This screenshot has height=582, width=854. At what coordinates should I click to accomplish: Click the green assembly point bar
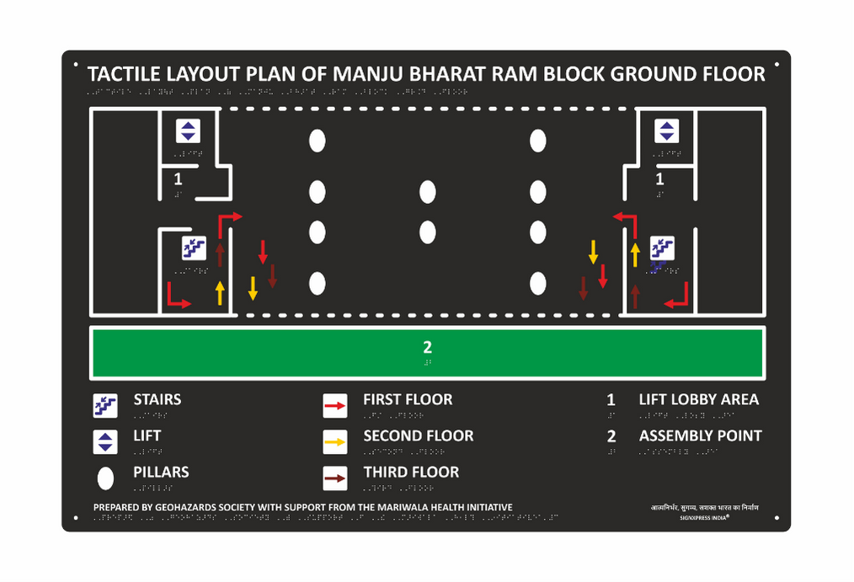pyautogui.click(x=253, y=352)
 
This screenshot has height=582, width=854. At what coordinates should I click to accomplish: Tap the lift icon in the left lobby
pyautogui.click(x=188, y=131)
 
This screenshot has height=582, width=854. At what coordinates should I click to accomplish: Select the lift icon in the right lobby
pyautogui.click(x=667, y=131)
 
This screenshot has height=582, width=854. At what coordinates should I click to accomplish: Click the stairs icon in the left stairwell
pyautogui.click(x=195, y=248)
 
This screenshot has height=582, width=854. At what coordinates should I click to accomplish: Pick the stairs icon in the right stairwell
pyautogui.click(x=662, y=248)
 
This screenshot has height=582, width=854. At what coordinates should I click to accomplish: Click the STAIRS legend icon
pyautogui.click(x=104, y=406)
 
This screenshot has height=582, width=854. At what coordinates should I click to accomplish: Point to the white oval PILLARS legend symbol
pyautogui.click(x=105, y=478)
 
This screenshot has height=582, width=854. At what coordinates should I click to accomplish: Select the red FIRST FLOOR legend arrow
pyautogui.click(x=335, y=406)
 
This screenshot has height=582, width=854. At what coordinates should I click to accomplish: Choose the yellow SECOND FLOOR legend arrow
pyautogui.click(x=335, y=442)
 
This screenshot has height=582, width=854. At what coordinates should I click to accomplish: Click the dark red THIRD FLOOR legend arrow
pyautogui.click(x=335, y=478)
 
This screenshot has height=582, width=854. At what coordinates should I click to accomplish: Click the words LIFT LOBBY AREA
pyautogui.click(x=698, y=399)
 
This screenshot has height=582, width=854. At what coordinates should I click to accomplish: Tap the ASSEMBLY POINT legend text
pyautogui.click(x=700, y=435)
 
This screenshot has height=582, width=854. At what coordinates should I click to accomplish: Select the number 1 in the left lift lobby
pyautogui.click(x=178, y=179)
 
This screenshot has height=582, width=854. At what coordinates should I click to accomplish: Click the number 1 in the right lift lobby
pyautogui.click(x=659, y=179)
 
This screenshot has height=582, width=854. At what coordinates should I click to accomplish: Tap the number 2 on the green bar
pyautogui.click(x=427, y=346)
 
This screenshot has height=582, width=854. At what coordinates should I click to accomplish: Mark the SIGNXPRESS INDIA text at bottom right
pyautogui.click(x=704, y=518)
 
